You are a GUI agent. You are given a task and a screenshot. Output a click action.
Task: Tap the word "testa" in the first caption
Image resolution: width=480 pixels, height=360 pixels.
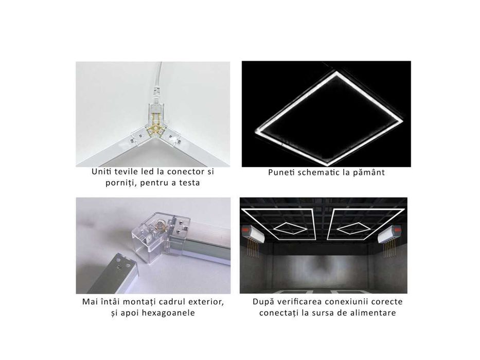(189, 183)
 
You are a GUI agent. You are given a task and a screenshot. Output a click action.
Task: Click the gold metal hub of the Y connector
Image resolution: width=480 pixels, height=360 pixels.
(156, 128)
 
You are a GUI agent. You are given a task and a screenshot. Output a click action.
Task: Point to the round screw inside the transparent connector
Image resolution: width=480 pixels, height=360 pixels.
(161, 226)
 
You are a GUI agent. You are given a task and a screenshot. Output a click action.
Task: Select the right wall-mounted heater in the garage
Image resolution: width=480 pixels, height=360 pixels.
(390, 233)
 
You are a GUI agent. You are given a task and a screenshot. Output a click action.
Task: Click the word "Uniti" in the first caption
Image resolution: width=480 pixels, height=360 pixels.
(100, 171)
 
